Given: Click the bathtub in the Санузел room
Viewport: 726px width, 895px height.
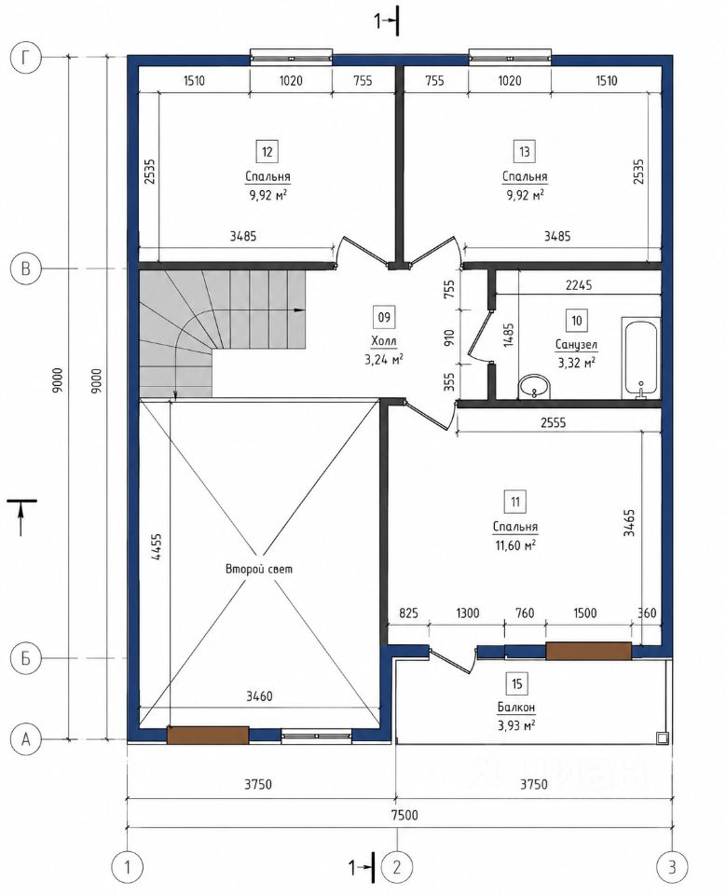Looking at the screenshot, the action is pyautogui.click(x=640, y=357).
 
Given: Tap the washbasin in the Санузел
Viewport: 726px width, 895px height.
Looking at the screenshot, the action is pyautogui.click(x=535, y=387).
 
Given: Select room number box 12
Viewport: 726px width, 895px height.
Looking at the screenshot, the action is pyautogui.click(x=267, y=152).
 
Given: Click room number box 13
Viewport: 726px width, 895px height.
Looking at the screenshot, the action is pyautogui.click(x=524, y=152).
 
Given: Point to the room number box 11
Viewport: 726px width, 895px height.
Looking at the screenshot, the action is pyautogui.click(x=515, y=503).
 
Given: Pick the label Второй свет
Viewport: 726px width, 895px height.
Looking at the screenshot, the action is pyautogui.click(x=259, y=569).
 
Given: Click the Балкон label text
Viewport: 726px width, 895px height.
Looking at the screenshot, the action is pyautogui.click(x=516, y=708).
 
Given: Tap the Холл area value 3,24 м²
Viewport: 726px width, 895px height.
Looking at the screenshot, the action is pyautogui.click(x=384, y=360).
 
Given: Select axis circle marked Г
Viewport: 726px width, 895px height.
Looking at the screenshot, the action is pyautogui.click(x=26, y=57).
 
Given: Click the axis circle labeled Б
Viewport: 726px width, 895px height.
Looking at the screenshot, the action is pyautogui.click(x=26, y=658).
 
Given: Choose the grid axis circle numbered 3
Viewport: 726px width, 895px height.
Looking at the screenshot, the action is pyautogui.click(x=672, y=867).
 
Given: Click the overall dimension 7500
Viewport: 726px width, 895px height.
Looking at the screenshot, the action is pyautogui.click(x=404, y=815).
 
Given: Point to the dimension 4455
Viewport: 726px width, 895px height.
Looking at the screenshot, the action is pyautogui.click(x=157, y=547).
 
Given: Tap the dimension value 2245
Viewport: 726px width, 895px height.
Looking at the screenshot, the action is pyautogui.click(x=578, y=284).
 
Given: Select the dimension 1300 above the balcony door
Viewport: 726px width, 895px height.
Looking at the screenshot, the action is pyautogui.click(x=468, y=613).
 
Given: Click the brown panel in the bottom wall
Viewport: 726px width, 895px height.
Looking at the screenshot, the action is pyautogui.click(x=208, y=735).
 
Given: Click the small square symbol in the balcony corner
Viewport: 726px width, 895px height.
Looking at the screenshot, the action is pyautogui.click(x=662, y=737).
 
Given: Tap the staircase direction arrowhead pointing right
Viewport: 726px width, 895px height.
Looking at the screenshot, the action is pyautogui.click(x=298, y=310).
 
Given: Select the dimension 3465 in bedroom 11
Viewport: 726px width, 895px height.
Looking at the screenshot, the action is pyautogui.click(x=629, y=523).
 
